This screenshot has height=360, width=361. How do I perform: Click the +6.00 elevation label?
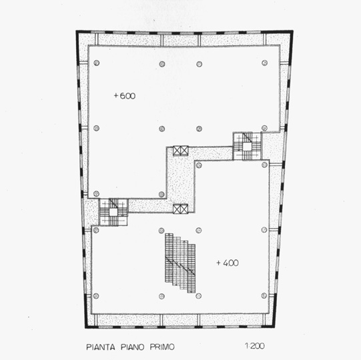(125, 96)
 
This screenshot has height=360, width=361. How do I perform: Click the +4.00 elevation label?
(228, 263)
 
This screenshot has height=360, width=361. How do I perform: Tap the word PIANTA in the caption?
(101, 347)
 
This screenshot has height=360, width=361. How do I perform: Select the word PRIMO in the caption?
(162, 347)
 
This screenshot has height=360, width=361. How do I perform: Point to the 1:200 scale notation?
(255, 346)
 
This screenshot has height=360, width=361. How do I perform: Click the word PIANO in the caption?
(132, 347)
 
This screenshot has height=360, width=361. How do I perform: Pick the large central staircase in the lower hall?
(180, 263)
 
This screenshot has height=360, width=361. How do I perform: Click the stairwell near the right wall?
(247, 146)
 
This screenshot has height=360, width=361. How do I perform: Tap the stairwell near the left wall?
(113, 212)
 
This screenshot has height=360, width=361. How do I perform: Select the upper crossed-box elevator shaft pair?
(180, 151)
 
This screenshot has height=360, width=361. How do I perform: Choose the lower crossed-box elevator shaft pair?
(180, 209)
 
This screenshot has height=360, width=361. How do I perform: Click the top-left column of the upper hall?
(97, 63)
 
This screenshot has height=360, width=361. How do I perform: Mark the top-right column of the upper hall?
(265, 63)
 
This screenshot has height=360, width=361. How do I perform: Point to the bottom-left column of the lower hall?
(96, 296)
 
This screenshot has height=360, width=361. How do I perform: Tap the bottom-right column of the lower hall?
(264, 295)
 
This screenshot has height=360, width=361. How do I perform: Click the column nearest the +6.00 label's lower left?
(97, 128)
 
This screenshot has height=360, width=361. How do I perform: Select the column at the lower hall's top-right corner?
(265, 165)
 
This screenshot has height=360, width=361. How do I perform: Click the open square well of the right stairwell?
(247, 147)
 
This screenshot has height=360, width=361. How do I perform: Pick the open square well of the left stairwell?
(113, 212)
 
